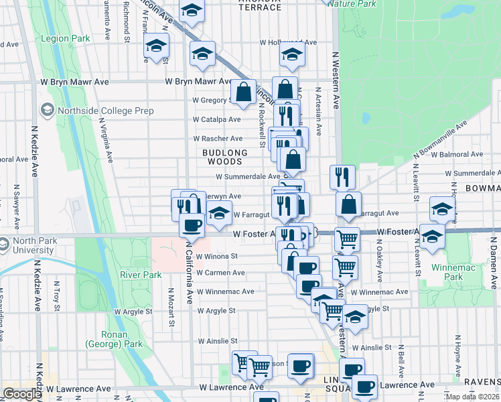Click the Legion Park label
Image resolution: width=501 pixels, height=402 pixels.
coord(65,39)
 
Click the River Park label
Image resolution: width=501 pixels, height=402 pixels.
coord(141,275)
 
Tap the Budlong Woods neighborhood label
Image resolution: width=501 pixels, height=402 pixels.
coord(224,157)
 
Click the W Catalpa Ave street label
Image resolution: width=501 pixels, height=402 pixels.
coord(216,120)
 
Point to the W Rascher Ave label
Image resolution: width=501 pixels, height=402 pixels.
coord(218,139)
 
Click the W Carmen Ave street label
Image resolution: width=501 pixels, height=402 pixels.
coord(220,273)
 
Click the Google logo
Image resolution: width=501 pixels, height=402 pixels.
coord(22,394)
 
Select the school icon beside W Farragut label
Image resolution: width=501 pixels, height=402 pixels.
coord(219,214)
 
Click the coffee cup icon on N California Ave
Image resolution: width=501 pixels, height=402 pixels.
coord(192,224)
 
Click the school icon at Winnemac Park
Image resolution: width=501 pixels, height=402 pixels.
coord(433,235)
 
